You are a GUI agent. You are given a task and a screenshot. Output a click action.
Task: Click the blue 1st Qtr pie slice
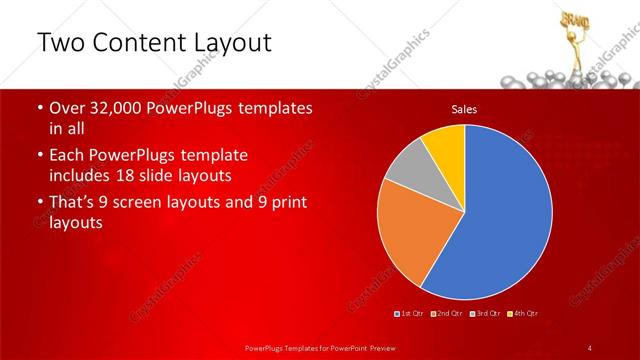pyautogui.click(x=505, y=215)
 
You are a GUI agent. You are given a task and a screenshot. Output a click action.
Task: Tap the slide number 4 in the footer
pyautogui.click(x=590, y=347)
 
